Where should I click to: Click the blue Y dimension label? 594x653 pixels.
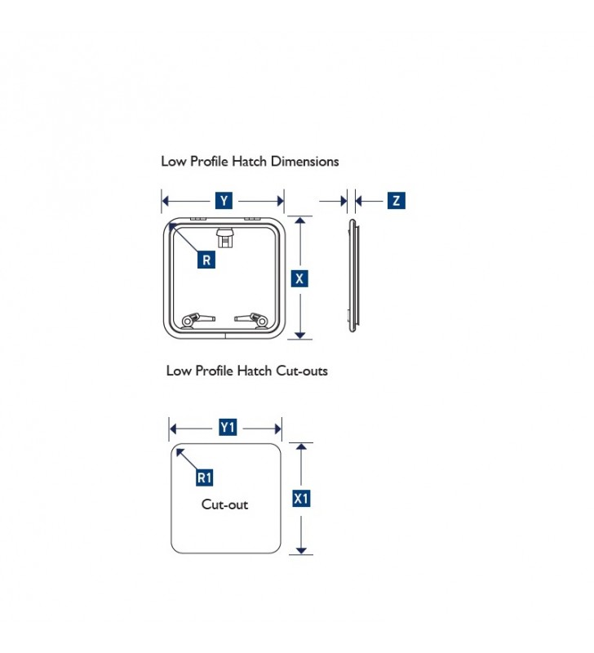tap(224, 201)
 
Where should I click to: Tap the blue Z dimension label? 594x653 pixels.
tap(396, 200)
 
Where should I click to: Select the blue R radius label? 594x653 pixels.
tap(206, 260)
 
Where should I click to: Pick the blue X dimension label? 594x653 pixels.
tap(299, 278)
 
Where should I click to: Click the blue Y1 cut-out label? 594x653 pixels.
tap(228, 427)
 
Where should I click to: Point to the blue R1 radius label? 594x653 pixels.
tap(204, 478)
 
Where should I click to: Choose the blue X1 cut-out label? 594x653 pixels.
tap(301, 499)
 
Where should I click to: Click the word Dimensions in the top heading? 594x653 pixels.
tap(304, 161)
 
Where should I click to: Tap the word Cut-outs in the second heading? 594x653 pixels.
tap(302, 371)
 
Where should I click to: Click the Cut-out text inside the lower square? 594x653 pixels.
tap(224, 504)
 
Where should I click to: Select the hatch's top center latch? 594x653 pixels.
tap(225, 238)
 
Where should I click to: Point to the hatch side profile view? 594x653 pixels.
tap(353, 275)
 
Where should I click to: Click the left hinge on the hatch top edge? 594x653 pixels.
tap(198, 219)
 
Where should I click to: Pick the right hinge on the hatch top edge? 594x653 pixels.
tap(252, 219)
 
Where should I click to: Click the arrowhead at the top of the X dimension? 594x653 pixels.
tap(299, 220)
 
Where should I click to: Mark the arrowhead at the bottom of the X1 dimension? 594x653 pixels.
tap(301, 550)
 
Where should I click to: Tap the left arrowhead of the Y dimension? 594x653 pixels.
tap(166, 201)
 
